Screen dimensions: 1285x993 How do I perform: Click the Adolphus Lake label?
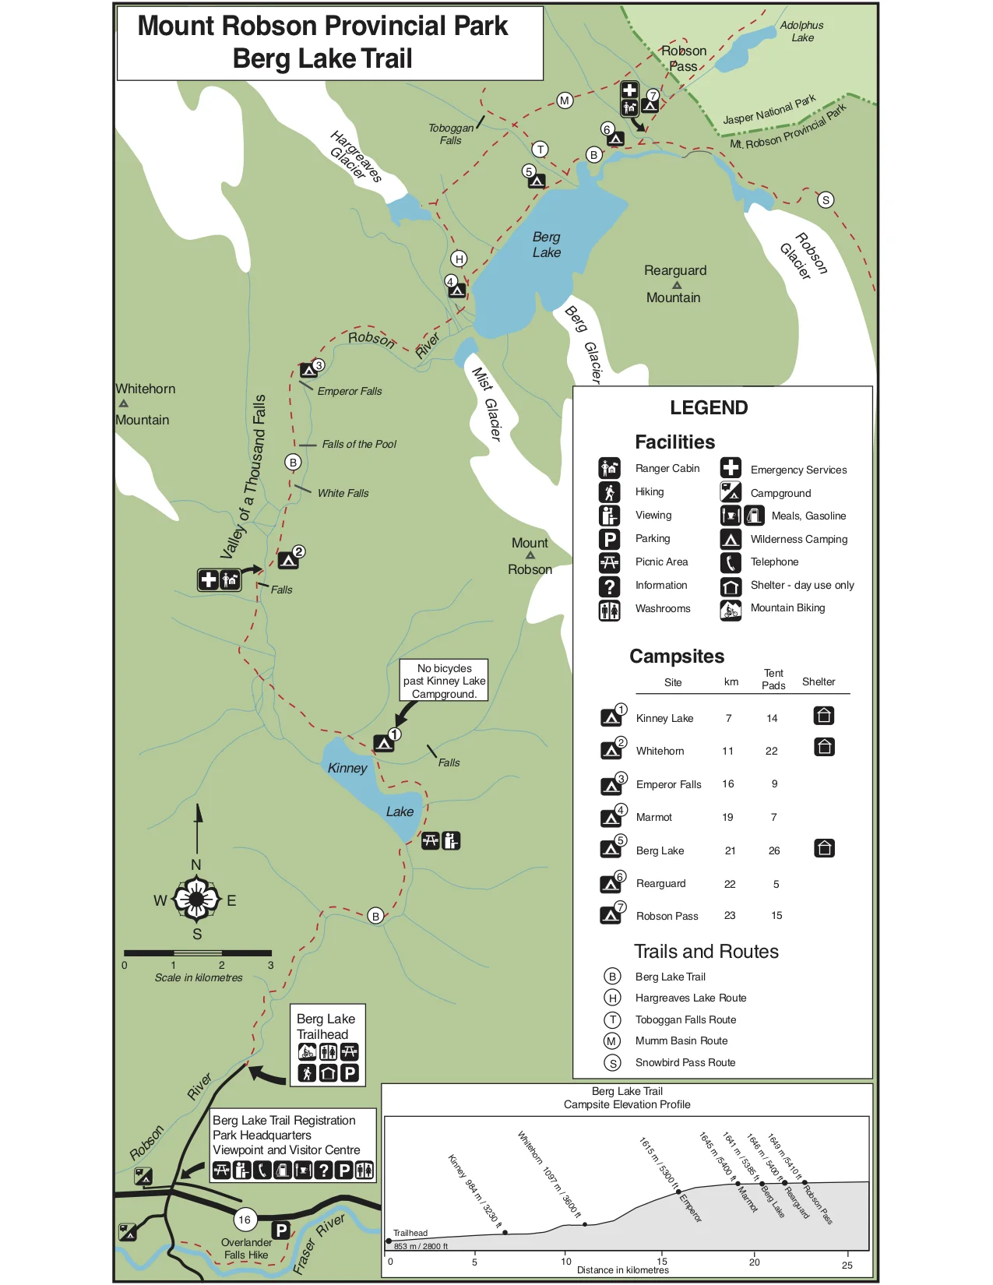click(801, 31)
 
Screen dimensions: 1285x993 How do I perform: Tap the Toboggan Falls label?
click(451, 134)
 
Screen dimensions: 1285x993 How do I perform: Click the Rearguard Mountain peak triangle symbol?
click(677, 285)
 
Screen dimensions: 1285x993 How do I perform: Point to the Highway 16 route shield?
click(245, 1220)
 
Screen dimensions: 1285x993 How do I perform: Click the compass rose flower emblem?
click(196, 900)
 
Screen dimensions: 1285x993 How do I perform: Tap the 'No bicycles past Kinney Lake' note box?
click(444, 681)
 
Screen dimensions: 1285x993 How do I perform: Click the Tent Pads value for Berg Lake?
click(774, 850)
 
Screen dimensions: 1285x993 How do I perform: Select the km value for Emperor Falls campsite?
click(728, 784)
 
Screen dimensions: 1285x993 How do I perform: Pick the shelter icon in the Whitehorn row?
click(825, 748)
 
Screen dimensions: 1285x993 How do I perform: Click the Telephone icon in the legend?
click(731, 562)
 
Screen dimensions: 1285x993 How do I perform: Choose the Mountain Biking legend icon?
click(731, 609)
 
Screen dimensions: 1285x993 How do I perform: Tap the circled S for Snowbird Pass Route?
click(613, 1063)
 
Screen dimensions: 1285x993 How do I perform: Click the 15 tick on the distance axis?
click(662, 1262)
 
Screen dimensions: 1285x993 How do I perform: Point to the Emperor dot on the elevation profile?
click(678, 1192)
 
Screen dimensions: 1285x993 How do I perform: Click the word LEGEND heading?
click(709, 408)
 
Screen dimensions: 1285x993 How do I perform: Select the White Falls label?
click(343, 493)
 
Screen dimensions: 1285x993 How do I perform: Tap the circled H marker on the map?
click(460, 259)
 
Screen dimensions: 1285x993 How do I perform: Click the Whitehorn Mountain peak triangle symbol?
click(123, 403)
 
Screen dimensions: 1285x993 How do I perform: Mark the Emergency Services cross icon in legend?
click(731, 468)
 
